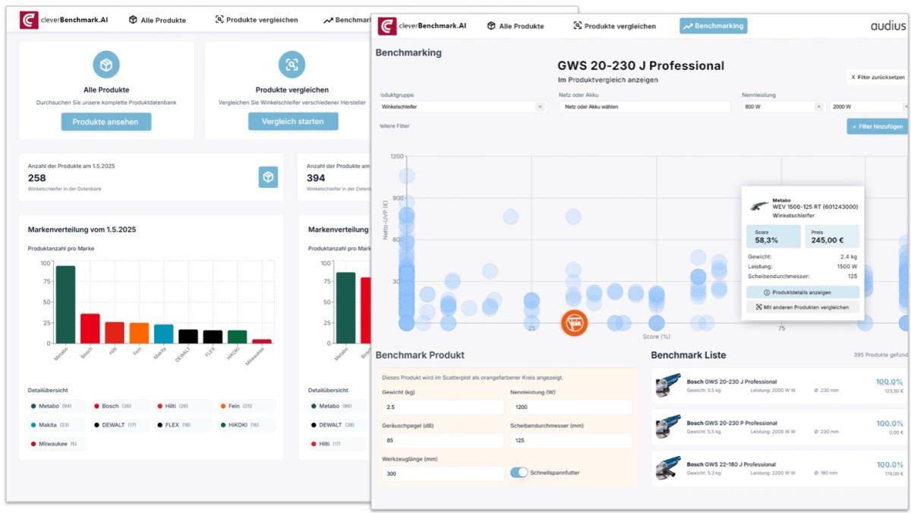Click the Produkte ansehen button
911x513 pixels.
(106, 122)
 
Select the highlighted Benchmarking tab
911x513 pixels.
(713, 26)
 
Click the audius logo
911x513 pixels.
(887, 26)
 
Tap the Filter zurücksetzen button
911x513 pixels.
(878, 78)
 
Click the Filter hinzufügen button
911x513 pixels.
(877, 126)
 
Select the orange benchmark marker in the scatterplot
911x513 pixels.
(574, 322)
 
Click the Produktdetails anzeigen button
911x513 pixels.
(802, 292)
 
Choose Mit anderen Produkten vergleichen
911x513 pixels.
(802, 307)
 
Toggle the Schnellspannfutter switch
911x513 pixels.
(519, 473)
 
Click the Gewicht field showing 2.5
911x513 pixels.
(442, 407)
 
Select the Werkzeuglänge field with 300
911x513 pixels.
(442, 473)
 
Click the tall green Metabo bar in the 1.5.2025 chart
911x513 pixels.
(65, 304)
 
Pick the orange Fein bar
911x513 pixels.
(139, 333)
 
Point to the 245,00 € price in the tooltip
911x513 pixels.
(832, 239)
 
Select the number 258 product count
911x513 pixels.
(37, 178)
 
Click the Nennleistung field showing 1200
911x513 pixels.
(570, 407)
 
